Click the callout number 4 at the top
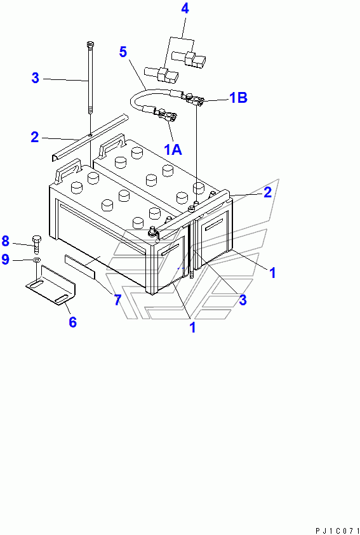[185, 9]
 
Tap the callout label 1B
[238, 98]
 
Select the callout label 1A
[173, 149]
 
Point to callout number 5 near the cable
[123, 52]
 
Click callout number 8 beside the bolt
[6, 241]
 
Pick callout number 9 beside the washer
[6, 260]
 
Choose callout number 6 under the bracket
[72, 322]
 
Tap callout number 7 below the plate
[117, 300]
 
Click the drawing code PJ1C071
[335, 531]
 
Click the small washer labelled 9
[36, 261]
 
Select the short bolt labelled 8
[36, 242]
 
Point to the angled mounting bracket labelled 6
[51, 284]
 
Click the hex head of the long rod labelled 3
[90, 44]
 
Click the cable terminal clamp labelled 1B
[194, 100]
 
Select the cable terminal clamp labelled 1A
[166, 116]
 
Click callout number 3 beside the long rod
[35, 78]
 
